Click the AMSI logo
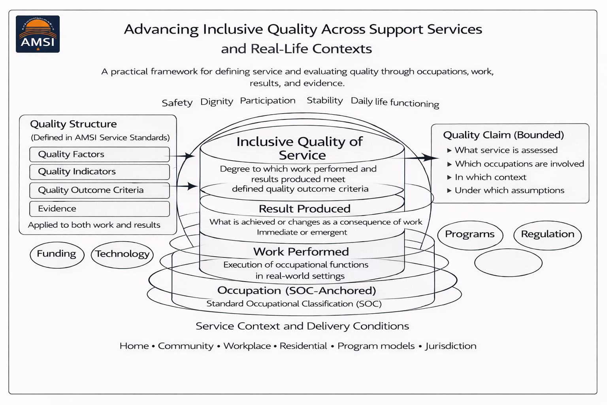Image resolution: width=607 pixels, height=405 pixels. [38, 34]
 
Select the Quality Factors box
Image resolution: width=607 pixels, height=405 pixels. [99, 154]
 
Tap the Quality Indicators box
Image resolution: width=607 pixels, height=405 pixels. [99, 172]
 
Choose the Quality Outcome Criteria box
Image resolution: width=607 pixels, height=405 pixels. [99, 190]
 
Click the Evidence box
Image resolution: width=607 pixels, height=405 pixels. [99, 209]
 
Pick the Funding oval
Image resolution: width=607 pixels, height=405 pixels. [57, 254]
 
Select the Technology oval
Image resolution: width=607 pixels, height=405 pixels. [122, 254]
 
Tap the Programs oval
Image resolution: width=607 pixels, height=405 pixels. [470, 235]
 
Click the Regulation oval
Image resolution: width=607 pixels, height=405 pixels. [547, 235]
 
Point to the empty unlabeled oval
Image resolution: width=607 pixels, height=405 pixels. [508, 263]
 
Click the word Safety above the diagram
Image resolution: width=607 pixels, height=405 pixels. [177, 103]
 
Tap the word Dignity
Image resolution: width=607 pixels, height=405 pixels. [217, 102]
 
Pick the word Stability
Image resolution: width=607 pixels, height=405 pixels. [324, 100]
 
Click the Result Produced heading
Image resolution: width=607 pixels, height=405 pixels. [304, 209]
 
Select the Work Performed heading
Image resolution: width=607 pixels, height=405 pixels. [301, 252]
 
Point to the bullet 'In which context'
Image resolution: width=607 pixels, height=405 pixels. [490, 177]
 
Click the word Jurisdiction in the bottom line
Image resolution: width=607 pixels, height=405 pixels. [451, 346]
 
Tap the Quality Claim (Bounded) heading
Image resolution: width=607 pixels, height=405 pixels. [503, 135]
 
